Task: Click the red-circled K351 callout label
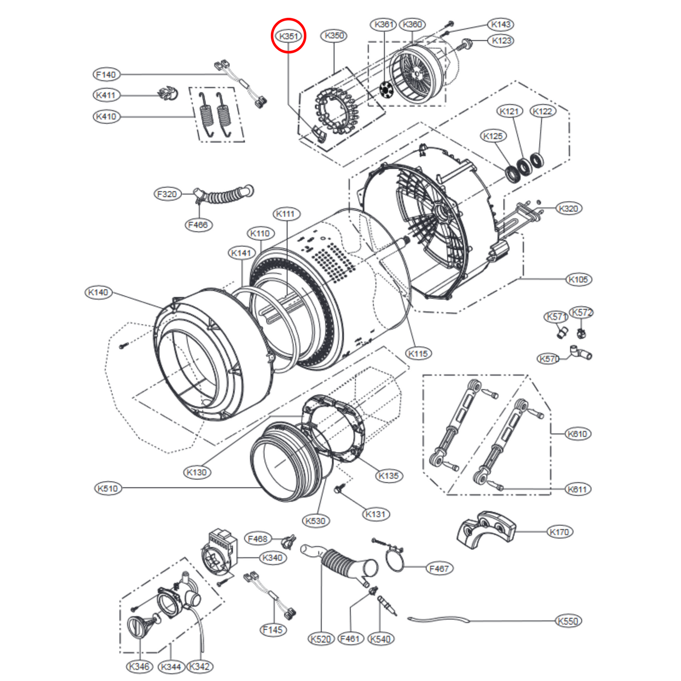click(288, 36)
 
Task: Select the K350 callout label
click(334, 35)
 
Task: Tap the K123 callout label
click(501, 41)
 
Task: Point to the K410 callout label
click(106, 116)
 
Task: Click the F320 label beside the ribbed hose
click(167, 194)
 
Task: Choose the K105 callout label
click(578, 279)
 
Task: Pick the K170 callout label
click(559, 532)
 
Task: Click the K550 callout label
click(568, 621)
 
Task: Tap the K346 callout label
click(139, 666)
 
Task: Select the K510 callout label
click(107, 488)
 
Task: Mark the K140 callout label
click(98, 292)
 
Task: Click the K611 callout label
click(577, 489)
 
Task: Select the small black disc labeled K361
click(386, 90)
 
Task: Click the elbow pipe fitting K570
click(580, 353)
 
